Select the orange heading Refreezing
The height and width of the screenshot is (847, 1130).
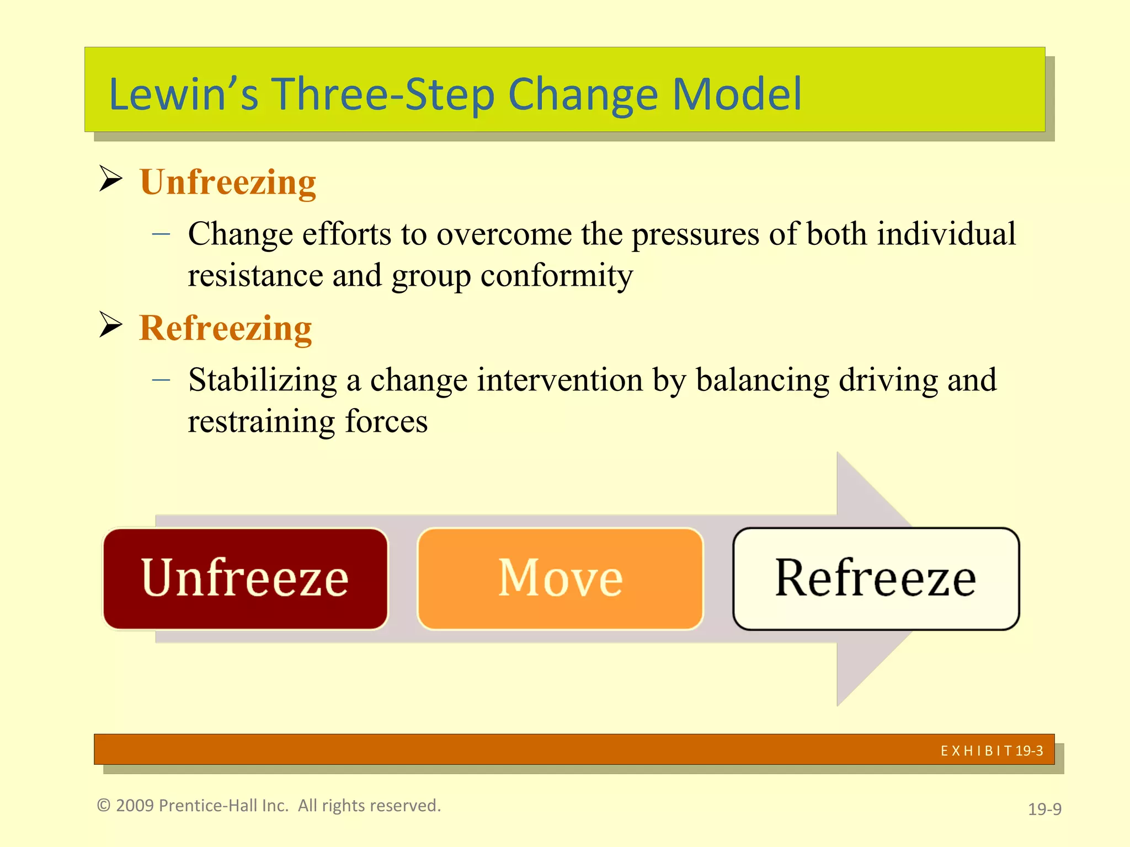coord(225,328)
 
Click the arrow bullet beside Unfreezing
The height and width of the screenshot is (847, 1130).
coord(110,179)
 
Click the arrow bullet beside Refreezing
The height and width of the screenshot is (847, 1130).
coord(110,324)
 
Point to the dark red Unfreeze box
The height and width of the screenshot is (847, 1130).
coord(246,578)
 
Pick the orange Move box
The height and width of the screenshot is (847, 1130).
coord(560,578)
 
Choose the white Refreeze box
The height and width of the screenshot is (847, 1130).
coord(876,578)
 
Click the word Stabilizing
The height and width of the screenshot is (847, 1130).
coord(262,380)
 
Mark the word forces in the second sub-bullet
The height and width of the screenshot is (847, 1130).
coord(386,421)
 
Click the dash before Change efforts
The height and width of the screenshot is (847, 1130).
coord(161,234)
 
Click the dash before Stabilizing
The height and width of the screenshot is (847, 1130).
coord(161,380)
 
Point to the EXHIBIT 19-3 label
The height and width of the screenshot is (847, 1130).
coord(992,750)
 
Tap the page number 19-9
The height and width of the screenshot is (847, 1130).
coord(1044,809)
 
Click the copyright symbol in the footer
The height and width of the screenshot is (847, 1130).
coord(104,805)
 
